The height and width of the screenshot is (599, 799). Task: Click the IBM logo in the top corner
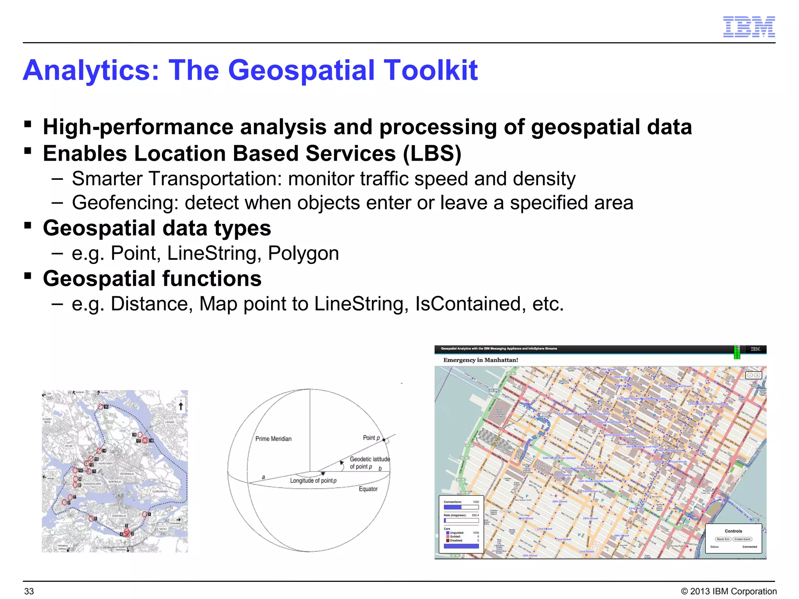pos(749,27)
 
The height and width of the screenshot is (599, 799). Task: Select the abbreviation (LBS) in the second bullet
pos(432,153)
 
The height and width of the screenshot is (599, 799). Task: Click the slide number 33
pos(29,591)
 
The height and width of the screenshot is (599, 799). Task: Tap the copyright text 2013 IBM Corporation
pos(733,591)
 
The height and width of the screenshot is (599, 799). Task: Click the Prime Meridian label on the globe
pos(273,439)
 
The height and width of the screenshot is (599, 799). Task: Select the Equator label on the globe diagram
pos(368,489)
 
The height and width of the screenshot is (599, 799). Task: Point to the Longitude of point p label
pos(313,481)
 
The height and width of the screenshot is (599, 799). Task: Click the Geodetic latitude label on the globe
pos(369,459)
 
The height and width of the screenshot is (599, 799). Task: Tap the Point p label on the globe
pos(371,438)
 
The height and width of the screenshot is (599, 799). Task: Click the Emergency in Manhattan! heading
pos(480,360)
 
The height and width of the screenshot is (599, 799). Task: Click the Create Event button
pos(742,539)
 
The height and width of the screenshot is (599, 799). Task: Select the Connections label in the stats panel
pos(453,502)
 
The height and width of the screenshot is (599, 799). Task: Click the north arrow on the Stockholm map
pos(181,406)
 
